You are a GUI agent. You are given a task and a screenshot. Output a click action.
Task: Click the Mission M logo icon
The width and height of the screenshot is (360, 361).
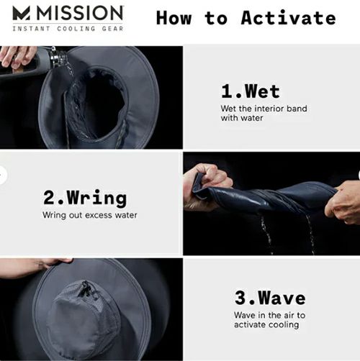22,13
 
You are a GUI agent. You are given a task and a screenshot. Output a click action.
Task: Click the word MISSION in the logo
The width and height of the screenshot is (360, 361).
80,13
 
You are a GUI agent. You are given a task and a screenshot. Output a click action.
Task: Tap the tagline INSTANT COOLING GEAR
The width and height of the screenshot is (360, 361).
68,29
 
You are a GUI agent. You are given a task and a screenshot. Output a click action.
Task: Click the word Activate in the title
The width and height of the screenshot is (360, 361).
288,18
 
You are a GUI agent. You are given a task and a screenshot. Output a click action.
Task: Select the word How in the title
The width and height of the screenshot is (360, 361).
174,18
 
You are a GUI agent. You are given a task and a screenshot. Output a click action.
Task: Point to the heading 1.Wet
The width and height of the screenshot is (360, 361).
251,91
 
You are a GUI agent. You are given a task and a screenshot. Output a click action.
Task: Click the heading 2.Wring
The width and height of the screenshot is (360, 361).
85,198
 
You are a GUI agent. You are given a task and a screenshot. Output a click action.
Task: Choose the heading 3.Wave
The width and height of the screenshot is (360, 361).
270,298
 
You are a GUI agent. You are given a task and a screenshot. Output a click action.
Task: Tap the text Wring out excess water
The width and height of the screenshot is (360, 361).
90,215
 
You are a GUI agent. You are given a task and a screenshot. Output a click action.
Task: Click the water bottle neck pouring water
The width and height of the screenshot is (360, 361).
58,56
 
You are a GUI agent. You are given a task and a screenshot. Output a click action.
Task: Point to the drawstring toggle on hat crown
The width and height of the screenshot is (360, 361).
85,289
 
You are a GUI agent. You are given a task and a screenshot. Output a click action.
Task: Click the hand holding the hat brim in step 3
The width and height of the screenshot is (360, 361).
36,267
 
